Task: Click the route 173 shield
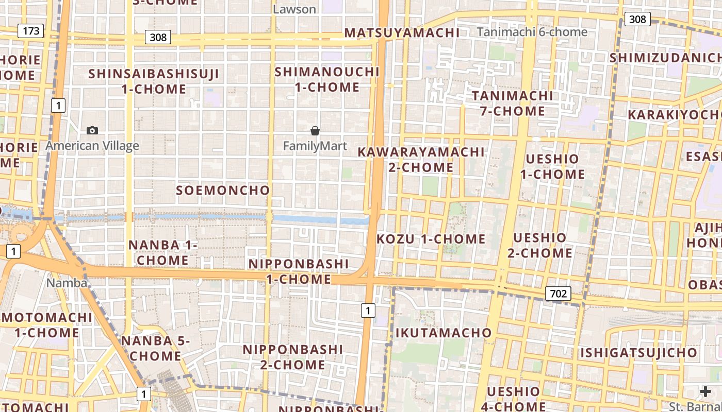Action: [x=31, y=31]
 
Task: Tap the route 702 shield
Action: [x=558, y=294]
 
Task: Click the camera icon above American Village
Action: [x=92, y=131]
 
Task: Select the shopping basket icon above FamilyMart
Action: [x=315, y=131]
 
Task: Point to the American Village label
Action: [x=92, y=146]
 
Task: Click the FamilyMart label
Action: [x=315, y=146]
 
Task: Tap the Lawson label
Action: [x=294, y=9]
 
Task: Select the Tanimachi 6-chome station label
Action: [x=532, y=32]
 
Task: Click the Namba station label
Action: [x=67, y=283]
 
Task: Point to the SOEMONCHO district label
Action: [x=223, y=190]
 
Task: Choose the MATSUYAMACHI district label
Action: [x=402, y=33]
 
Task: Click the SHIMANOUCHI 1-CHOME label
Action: [x=327, y=79]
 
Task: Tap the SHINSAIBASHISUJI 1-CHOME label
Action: [x=154, y=81]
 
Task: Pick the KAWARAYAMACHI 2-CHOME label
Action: [x=421, y=160]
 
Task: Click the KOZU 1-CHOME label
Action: [x=431, y=239]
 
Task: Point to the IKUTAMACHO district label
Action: [x=444, y=333]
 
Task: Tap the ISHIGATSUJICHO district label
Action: [x=638, y=353]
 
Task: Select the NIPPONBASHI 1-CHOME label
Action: [x=299, y=271]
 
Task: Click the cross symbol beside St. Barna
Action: [x=705, y=392]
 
